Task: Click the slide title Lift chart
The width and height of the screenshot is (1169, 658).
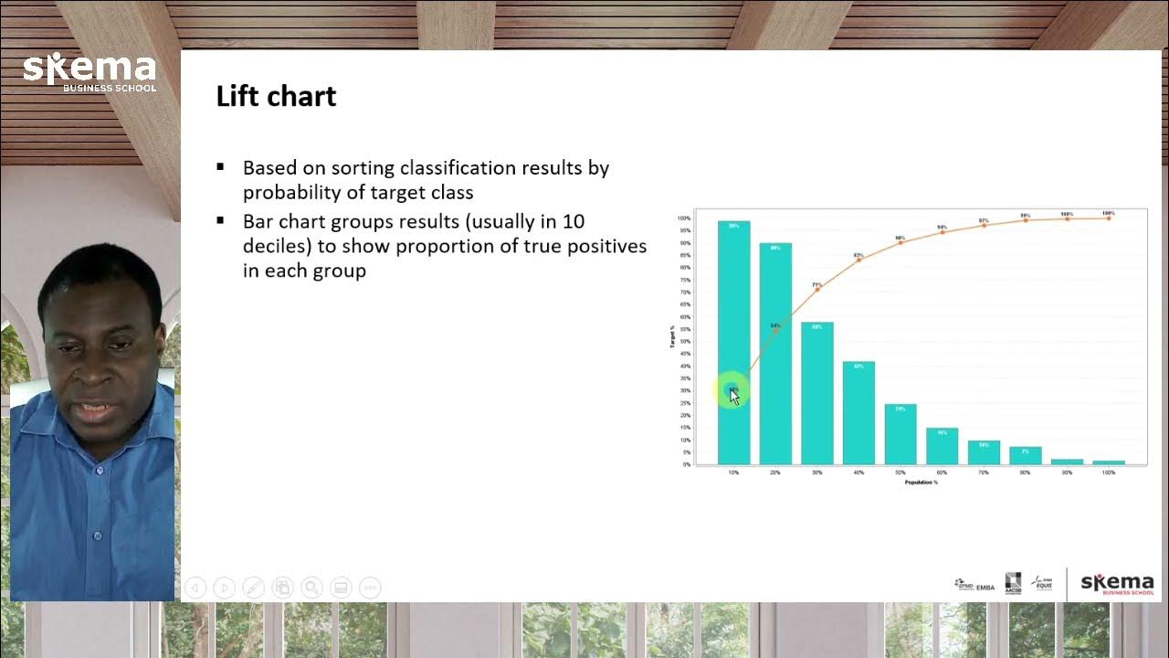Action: (276, 96)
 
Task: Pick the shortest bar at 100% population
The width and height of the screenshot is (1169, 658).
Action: (1109, 462)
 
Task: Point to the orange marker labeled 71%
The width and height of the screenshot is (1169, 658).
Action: (817, 289)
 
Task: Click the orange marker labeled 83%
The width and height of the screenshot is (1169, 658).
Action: (858, 260)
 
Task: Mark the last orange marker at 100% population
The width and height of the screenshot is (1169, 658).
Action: (1109, 218)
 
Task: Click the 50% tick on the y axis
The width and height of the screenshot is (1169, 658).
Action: (684, 341)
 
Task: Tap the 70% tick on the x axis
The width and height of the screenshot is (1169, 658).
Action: (984, 472)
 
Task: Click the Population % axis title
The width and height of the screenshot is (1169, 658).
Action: (921, 482)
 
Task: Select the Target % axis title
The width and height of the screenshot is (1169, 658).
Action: (672, 337)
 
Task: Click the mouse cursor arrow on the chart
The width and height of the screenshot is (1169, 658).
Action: (734, 397)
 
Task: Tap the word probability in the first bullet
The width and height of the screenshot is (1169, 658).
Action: (290, 192)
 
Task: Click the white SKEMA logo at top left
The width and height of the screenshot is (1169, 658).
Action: (90, 71)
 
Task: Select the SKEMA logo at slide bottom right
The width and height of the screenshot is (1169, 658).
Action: (1117, 584)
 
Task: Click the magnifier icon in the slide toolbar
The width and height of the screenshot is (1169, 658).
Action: (311, 588)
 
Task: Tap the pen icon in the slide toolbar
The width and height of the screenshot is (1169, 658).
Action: (253, 588)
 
